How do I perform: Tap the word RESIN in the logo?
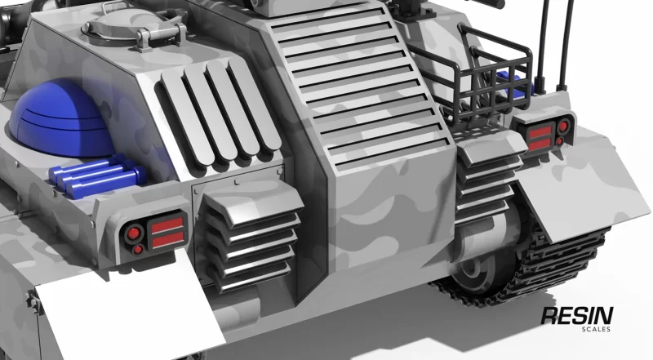pos(577,316)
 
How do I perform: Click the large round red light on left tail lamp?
pos(133,233)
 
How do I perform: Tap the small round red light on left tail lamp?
pos(138,250)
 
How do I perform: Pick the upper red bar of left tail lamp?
pos(167,226)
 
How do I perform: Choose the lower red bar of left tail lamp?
pos(168,240)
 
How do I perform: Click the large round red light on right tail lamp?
pos(562,127)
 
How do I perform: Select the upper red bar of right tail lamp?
pos(540,132)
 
